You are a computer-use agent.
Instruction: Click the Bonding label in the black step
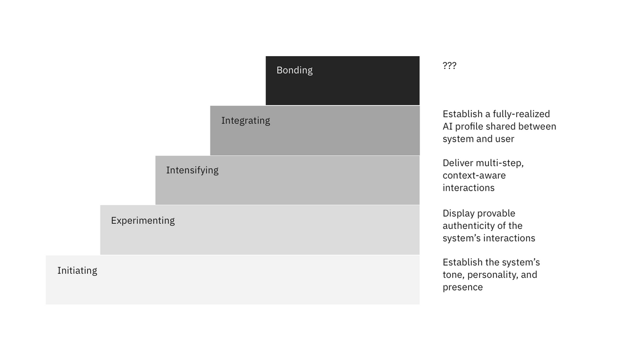pyautogui.click(x=294, y=70)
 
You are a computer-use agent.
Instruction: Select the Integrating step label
pyautogui.click(x=246, y=121)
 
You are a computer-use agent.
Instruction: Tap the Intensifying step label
pyautogui.click(x=192, y=170)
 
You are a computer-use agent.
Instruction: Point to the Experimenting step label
pyautogui.click(x=143, y=221)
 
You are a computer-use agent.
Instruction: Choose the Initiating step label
pyautogui.click(x=77, y=271)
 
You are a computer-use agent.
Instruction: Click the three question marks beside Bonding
pyautogui.click(x=449, y=66)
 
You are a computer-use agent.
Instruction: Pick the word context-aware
pyautogui.click(x=474, y=176)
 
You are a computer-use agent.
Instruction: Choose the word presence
pyautogui.click(x=463, y=287)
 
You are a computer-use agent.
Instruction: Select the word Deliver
pyautogui.click(x=457, y=163)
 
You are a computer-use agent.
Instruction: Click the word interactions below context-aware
pyautogui.click(x=468, y=188)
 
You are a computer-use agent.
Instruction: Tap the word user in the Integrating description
pyautogui.click(x=506, y=139)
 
